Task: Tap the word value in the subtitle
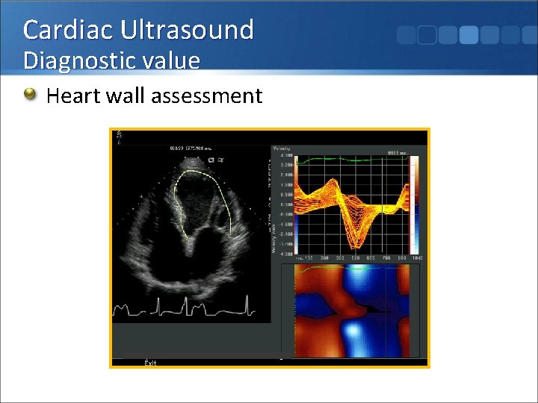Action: [172, 60]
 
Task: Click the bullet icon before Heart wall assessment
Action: [30, 95]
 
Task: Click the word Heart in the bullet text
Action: [71, 96]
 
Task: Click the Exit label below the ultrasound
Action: [150, 363]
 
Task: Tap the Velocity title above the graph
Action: [282, 149]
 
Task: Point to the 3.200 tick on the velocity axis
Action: [285, 164]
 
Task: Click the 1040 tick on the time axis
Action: [417, 257]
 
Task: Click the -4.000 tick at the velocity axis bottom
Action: [285, 253]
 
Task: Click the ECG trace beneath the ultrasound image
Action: [187, 307]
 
